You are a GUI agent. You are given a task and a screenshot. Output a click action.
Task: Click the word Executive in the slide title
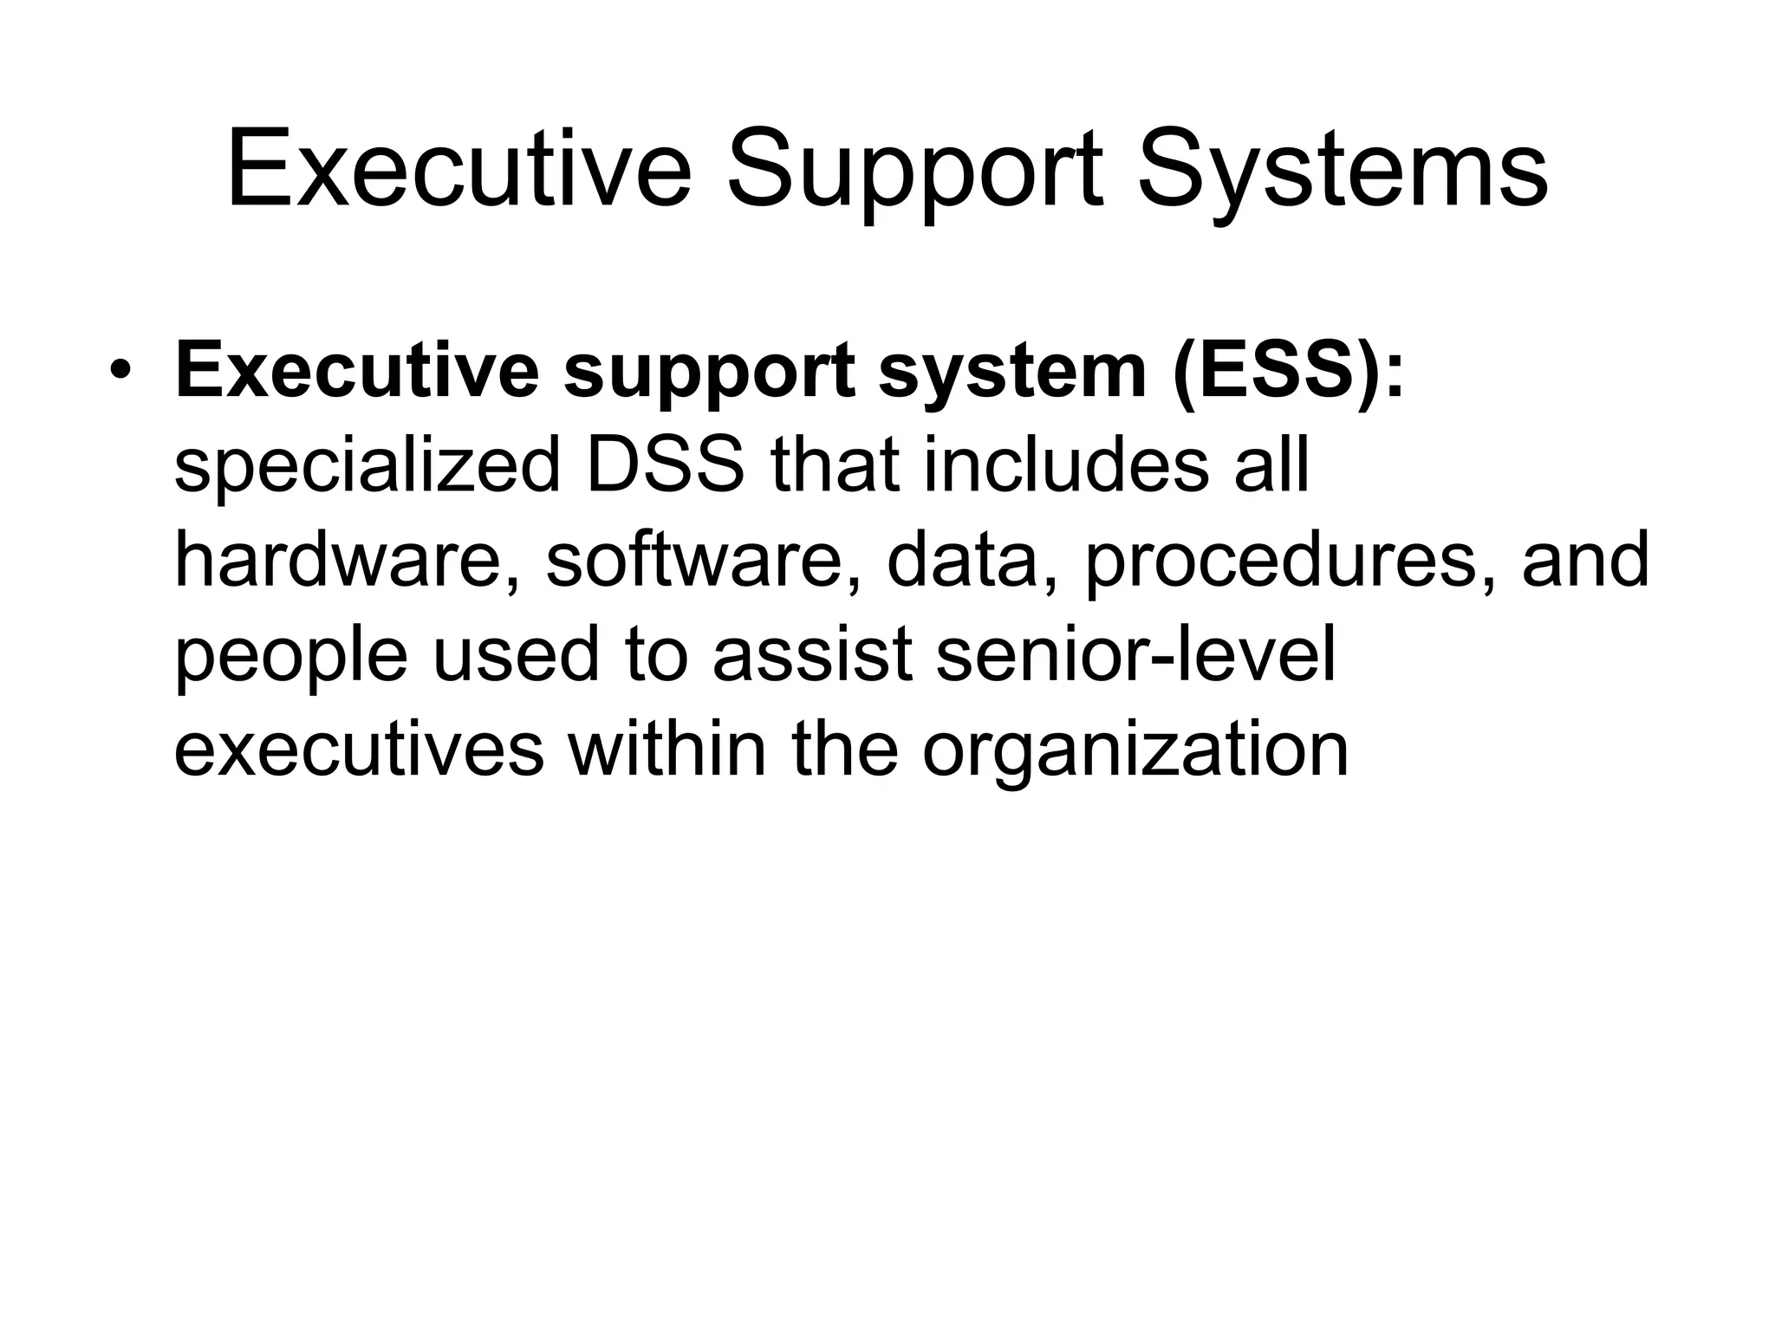click(x=458, y=169)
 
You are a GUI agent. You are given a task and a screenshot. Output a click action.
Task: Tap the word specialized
click(x=367, y=468)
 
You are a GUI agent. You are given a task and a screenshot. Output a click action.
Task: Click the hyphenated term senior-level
click(x=1136, y=655)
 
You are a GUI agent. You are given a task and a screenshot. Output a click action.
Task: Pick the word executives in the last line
click(x=359, y=750)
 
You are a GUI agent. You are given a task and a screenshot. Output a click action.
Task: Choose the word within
click(x=666, y=749)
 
